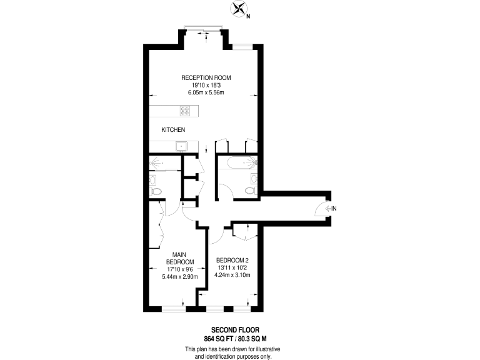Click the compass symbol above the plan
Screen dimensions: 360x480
[x=238, y=9]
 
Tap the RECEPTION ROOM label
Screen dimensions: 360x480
[x=206, y=77]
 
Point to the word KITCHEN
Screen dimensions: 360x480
[x=173, y=129]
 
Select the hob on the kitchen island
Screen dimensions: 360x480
[x=185, y=111]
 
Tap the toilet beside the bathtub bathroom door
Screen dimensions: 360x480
[x=251, y=189]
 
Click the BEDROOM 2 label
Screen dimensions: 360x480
[x=232, y=260]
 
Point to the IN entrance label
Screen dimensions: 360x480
[x=334, y=208]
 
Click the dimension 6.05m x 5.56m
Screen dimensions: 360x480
[x=206, y=92]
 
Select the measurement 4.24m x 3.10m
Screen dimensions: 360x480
[x=232, y=274]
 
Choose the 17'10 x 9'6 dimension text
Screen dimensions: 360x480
[x=180, y=269]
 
